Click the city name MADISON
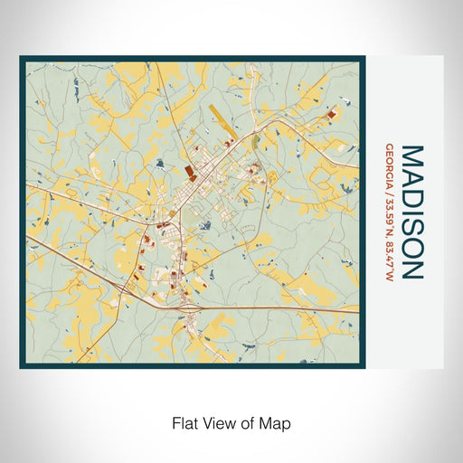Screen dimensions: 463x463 411,212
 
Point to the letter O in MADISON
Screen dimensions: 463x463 411,247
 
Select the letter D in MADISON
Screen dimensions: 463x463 411,194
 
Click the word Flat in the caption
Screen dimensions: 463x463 184,421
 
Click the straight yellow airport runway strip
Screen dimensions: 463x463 221,118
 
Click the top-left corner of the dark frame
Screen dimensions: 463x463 21,59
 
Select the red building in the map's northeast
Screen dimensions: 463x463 331,114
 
